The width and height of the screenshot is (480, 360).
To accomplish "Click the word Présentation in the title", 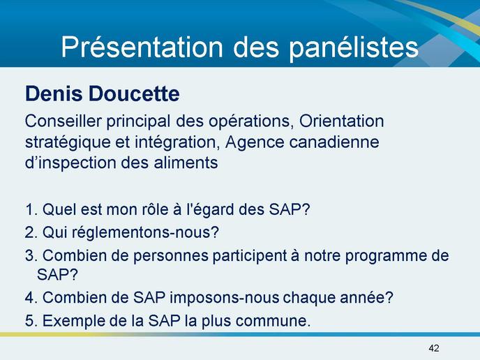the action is click(x=142, y=47).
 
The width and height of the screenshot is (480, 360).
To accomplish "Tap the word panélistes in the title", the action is click(x=354, y=47).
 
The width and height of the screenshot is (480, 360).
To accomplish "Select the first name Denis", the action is click(x=54, y=93).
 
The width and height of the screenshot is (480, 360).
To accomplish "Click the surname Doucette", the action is click(x=134, y=93).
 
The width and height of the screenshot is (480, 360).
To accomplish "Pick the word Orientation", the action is click(x=341, y=121).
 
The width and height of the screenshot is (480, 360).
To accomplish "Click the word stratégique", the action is click(x=68, y=143).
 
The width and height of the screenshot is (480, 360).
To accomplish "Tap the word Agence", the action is click(x=255, y=143).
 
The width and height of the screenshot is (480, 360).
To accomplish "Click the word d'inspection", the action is click(x=71, y=163).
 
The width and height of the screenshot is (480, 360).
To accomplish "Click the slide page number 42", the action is click(x=434, y=348).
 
